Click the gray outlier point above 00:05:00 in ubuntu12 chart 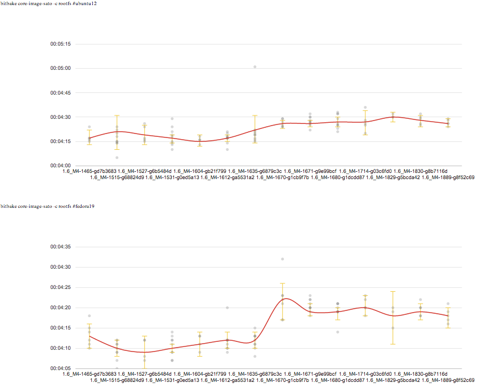[x=255, y=67]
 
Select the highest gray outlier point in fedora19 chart [x=283, y=259]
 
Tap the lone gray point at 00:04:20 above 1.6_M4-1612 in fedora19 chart [x=227, y=308]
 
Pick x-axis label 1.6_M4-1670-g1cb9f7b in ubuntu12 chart [x=282, y=177]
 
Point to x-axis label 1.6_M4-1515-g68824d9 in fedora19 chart [x=117, y=381]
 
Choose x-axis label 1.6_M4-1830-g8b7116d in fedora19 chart [x=420, y=374]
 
